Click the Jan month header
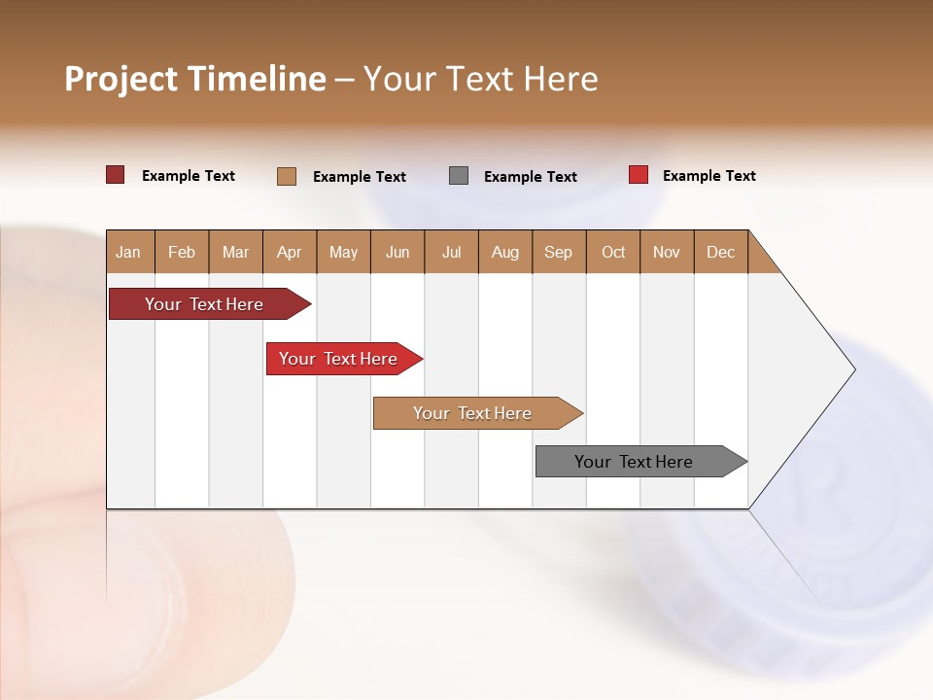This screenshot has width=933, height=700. coord(128,252)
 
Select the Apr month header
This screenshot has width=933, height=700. coord(290,252)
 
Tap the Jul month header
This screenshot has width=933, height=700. coord(451,252)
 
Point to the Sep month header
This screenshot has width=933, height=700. coord(558,252)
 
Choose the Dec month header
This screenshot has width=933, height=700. coord(720,252)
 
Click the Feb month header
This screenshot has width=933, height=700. coord(182,252)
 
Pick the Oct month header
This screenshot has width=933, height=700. coord(613,252)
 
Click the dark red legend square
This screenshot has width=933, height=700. coord(115,175)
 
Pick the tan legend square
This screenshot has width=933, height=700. coord(287,176)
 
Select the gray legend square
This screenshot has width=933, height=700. coord(459,176)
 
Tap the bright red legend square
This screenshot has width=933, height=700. coord(639,175)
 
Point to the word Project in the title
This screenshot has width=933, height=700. coord(121,79)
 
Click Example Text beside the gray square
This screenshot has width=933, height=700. coord(531,177)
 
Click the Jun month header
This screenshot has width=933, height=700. coord(397,252)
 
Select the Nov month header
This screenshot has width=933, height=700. coord(667,252)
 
